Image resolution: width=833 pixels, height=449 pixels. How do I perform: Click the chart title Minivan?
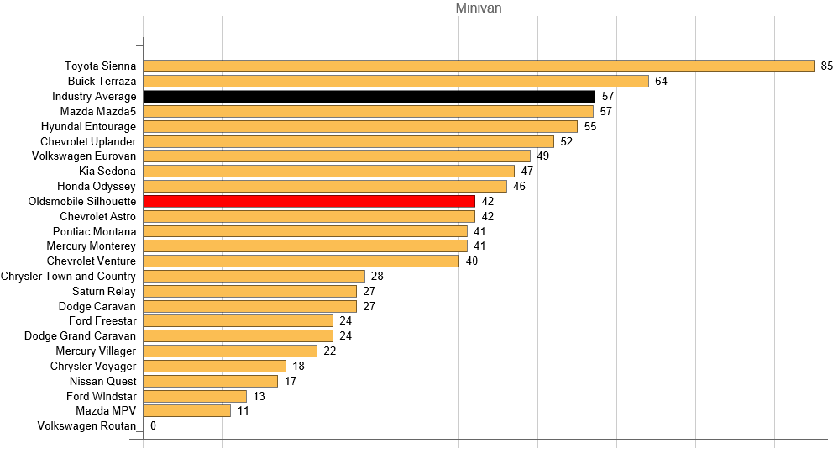pos(479,8)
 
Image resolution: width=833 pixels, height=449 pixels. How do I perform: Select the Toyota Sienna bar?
pos(479,66)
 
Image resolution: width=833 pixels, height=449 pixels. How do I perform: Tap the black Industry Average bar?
pos(369,96)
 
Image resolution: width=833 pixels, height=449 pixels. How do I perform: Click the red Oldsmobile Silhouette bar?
pos(309,201)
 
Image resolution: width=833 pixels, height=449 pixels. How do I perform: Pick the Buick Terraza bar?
pos(396,81)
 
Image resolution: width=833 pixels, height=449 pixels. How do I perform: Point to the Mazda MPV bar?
pos(186,411)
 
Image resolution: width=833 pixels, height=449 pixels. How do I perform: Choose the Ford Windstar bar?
pos(195,396)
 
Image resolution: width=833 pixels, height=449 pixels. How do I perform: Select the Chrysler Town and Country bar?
pos(254,276)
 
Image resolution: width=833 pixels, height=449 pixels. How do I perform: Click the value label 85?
pos(827,66)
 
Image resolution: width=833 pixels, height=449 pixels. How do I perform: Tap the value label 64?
pos(662,81)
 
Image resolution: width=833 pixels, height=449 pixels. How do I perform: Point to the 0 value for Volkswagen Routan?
pos(153,426)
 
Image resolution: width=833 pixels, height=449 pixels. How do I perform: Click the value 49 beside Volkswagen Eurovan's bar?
pos(543,156)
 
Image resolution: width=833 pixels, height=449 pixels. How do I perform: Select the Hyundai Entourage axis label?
pos(88,126)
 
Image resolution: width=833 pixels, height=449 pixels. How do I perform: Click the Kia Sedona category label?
pos(107,171)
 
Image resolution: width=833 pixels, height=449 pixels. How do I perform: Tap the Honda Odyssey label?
pos(97,186)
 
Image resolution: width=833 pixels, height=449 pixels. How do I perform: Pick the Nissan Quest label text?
pos(103,381)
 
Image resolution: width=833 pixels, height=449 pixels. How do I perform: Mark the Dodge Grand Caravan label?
pos(80,335)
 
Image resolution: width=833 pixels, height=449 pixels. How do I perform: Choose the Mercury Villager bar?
pos(230,351)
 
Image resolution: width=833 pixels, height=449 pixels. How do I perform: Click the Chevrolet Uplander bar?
pos(348,141)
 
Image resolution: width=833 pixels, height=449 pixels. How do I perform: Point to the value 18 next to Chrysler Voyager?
pos(299,366)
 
